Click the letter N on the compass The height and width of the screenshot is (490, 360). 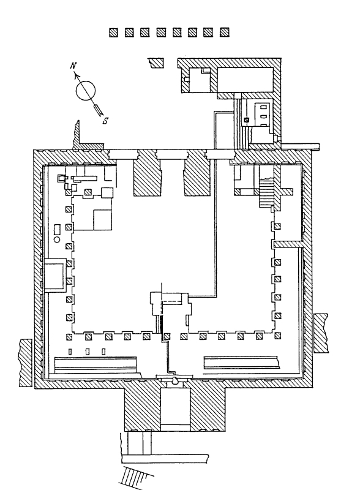click(x=73, y=66)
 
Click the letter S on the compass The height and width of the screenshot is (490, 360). click(x=106, y=121)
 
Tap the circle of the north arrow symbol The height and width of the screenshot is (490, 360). click(x=85, y=91)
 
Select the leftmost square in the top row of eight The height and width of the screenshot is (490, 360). click(x=113, y=32)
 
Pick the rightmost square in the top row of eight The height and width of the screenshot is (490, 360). click(x=224, y=32)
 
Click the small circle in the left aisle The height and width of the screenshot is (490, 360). click(x=57, y=239)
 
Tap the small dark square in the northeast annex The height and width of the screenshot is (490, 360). click(x=246, y=119)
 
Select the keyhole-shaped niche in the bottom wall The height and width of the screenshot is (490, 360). click(x=175, y=380)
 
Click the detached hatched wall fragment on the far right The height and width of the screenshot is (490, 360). click(x=321, y=333)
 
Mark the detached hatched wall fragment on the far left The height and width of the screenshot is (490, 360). click(x=26, y=363)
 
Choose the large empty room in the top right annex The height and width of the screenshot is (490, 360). click(x=245, y=80)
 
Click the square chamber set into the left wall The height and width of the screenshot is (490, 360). click(x=55, y=275)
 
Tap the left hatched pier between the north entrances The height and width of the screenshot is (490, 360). click(x=148, y=177)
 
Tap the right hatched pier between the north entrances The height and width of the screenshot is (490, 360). click(x=197, y=177)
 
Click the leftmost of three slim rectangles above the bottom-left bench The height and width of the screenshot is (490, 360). click(x=70, y=352)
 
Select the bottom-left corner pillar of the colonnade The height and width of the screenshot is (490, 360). click(x=69, y=337)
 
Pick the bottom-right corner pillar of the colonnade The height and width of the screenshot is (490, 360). click(x=277, y=336)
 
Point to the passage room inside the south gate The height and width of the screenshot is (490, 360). click(x=175, y=406)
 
